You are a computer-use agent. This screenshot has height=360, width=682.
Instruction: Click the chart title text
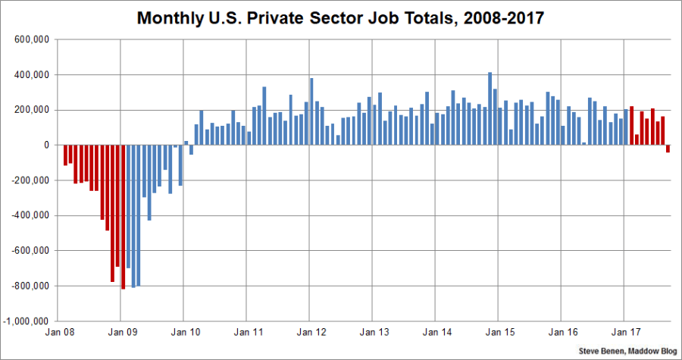click(x=340, y=18)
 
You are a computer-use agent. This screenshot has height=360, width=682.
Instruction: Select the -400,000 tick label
click(x=33, y=216)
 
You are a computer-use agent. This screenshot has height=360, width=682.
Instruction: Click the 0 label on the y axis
click(x=47, y=146)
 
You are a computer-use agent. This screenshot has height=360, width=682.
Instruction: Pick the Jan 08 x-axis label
click(x=58, y=332)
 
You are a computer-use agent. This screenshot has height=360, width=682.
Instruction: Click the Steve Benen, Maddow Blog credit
click(x=628, y=352)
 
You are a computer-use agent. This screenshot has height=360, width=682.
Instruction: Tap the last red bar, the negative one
click(x=668, y=149)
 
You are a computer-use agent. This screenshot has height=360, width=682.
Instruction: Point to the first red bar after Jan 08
click(x=65, y=155)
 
